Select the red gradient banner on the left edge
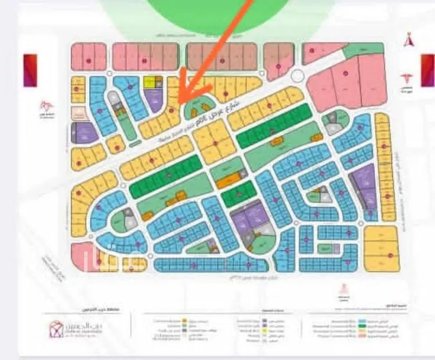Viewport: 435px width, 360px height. point(30,70)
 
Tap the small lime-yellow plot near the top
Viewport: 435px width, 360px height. point(150,82)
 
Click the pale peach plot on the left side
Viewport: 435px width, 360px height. point(79,113)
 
